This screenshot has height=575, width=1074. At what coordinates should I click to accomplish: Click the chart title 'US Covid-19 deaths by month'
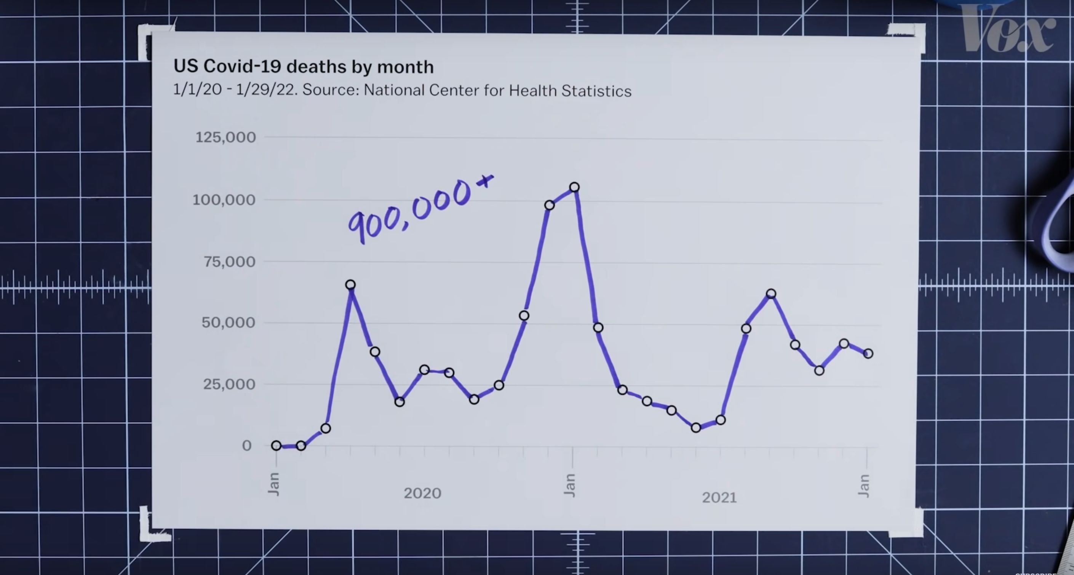[x=304, y=67]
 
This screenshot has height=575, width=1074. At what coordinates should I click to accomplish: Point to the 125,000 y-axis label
[x=225, y=137]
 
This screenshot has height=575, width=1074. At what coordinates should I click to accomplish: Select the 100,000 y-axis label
[x=224, y=200]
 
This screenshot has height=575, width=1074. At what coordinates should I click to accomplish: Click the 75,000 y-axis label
[x=229, y=262]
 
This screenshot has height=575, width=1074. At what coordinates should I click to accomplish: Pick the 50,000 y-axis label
[x=228, y=322]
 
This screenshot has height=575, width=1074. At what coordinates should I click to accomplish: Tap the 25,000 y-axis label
[x=229, y=384]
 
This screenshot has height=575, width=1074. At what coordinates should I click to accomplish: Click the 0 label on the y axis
[x=247, y=445]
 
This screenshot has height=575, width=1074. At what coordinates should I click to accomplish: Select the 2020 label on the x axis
[x=422, y=493]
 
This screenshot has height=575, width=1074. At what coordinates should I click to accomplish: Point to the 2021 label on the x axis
[x=719, y=497]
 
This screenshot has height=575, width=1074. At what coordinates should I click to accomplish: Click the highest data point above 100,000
[x=574, y=187]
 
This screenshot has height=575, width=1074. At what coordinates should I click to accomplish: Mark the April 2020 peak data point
[x=350, y=285]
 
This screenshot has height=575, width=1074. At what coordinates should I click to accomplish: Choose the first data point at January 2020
[x=276, y=445]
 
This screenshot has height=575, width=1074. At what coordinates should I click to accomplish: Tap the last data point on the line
[x=868, y=354]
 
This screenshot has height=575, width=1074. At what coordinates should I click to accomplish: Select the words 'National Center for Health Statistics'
[x=497, y=91]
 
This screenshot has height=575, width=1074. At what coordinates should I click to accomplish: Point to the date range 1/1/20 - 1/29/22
[x=234, y=89]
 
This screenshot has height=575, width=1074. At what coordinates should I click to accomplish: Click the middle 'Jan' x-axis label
[x=569, y=485]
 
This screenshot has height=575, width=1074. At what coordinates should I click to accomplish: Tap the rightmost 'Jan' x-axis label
[x=864, y=486]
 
